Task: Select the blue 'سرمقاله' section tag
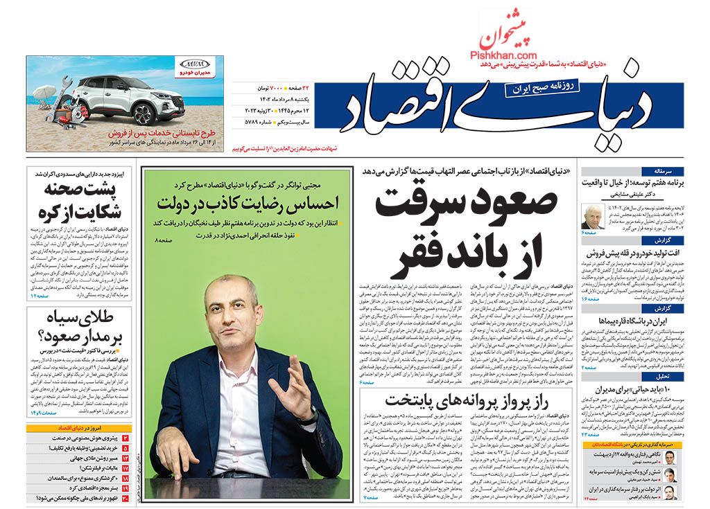pyautogui.click(x=673, y=170)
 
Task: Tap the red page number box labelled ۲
pyautogui.click(x=126, y=439)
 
